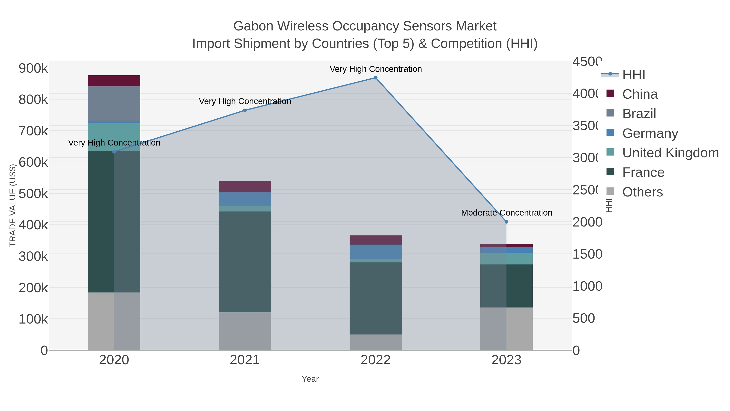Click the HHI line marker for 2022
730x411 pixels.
click(x=376, y=78)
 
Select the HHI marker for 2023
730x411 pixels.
click(x=506, y=222)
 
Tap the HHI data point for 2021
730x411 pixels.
click(x=245, y=110)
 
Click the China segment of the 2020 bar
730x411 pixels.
click(x=114, y=81)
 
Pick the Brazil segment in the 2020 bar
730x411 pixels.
click(x=114, y=104)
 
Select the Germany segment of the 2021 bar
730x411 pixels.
click(x=245, y=199)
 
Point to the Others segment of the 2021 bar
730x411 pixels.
click(x=245, y=331)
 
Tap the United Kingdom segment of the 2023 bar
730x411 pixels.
click(x=506, y=259)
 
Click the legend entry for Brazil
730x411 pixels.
click(x=639, y=114)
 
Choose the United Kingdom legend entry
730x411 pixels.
click(x=670, y=153)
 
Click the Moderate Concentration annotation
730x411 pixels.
click(x=506, y=213)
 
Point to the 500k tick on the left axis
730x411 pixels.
click(x=33, y=194)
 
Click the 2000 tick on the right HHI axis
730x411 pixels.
click(x=587, y=222)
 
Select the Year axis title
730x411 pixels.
click(x=310, y=379)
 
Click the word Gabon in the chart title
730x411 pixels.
click(x=253, y=26)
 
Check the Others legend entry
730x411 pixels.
click(x=642, y=192)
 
